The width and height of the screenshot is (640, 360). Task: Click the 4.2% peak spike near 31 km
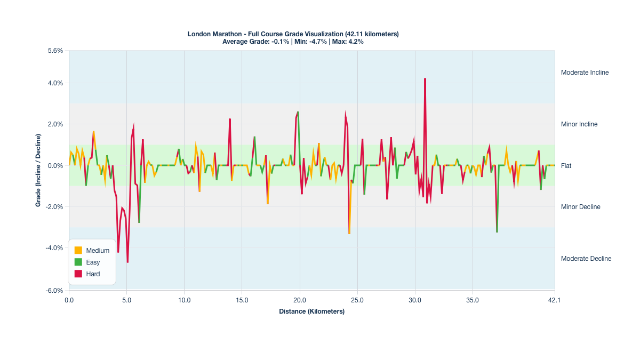tap(425, 79)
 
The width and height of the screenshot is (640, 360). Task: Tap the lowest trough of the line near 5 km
tap(127, 262)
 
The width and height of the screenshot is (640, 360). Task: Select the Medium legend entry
tap(98, 250)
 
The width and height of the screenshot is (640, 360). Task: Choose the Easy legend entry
tap(93, 262)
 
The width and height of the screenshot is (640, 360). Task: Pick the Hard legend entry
tap(93, 274)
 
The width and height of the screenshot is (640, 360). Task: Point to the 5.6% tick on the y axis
tap(55, 51)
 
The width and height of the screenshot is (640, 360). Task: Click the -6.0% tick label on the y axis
tap(55, 291)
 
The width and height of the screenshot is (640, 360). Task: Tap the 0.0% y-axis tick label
tap(55, 165)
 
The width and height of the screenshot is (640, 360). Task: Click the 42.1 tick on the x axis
tap(555, 300)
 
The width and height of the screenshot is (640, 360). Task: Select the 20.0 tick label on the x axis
tap(300, 300)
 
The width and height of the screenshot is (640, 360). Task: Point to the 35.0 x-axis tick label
tap(473, 300)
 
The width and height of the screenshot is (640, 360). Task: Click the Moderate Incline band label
tap(585, 73)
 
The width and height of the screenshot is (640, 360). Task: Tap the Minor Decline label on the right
tap(580, 207)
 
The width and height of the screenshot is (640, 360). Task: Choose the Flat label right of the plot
tap(566, 166)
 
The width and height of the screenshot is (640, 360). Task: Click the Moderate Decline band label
tap(586, 259)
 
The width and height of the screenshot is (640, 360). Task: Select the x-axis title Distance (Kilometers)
tap(311, 311)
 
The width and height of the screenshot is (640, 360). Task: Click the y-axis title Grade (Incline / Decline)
tap(38, 170)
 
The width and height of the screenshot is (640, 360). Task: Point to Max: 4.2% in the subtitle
tap(348, 42)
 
